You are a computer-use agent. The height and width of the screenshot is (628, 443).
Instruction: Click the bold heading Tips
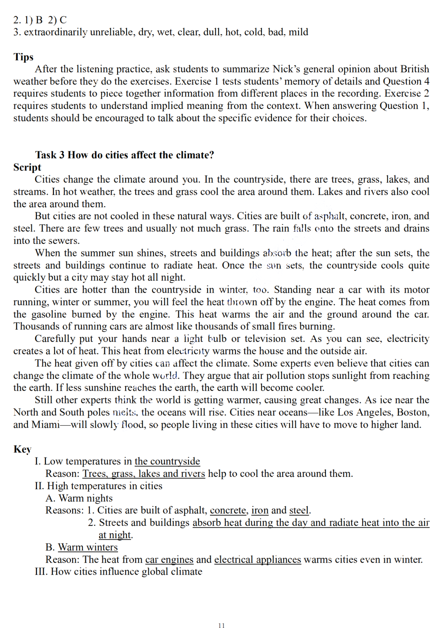pos(23,57)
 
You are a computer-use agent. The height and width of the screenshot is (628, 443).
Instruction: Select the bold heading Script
pos(27,167)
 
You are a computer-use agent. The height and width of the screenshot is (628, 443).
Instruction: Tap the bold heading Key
pos(22,449)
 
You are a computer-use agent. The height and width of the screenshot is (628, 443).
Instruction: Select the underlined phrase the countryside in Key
pos(167,461)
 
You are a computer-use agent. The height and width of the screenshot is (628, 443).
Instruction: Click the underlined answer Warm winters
pos(88,547)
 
